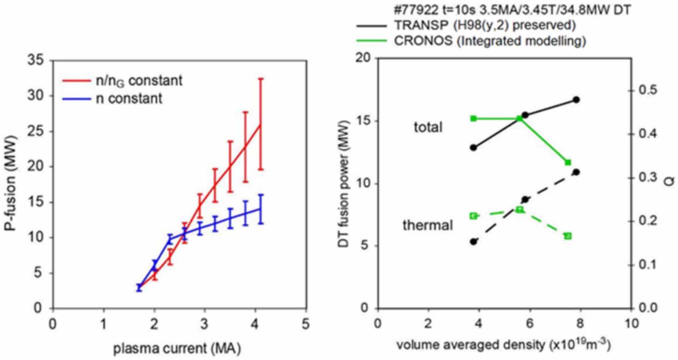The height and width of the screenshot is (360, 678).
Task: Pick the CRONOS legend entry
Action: tap(489, 41)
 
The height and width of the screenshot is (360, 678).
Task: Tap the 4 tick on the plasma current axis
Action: tap(255, 324)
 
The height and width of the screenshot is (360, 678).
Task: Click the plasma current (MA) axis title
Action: tap(177, 349)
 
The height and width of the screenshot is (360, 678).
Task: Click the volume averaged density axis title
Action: tap(503, 345)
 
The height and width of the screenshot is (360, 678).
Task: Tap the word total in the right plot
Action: tap(428, 127)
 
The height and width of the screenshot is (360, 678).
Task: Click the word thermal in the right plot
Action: tap(428, 225)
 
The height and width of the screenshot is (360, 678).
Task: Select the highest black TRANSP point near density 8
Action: tap(576, 100)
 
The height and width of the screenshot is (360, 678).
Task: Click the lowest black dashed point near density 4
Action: tap(474, 242)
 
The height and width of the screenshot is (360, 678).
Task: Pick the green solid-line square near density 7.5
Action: tap(568, 162)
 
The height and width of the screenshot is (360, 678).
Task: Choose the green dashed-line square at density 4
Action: tap(474, 216)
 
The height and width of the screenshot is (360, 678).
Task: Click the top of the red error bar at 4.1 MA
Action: tap(261, 79)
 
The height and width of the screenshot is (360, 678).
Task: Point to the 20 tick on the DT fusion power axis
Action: tap(364, 58)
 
